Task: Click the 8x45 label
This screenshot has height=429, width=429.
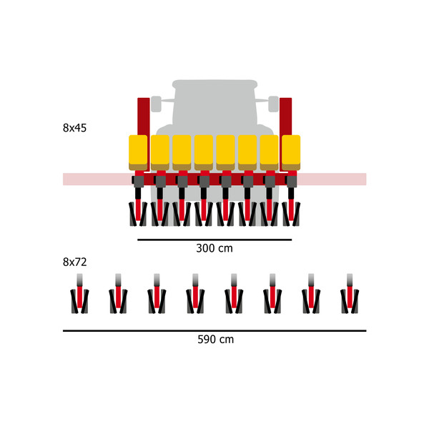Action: [x=74, y=129]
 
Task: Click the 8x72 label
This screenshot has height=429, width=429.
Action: [x=74, y=262]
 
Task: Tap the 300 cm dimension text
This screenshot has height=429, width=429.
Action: [x=214, y=249]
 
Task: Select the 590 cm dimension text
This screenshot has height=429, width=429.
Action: [x=215, y=340]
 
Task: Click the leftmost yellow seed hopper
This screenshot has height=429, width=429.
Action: [x=138, y=152]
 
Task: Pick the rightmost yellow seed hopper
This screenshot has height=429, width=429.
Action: [x=291, y=152]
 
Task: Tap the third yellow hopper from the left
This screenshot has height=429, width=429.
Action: [x=182, y=152]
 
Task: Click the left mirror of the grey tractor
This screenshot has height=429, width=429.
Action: [x=156, y=104]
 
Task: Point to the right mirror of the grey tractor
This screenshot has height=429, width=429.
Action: [x=273, y=104]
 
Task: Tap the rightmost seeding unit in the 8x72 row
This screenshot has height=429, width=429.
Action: [x=350, y=297]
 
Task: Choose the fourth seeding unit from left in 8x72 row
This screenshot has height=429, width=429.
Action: [x=195, y=297]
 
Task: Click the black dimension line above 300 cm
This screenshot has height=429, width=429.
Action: [x=214, y=240]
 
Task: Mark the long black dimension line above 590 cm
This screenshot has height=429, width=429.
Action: [x=214, y=331]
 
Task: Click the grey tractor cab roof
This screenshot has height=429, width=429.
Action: [x=214, y=86]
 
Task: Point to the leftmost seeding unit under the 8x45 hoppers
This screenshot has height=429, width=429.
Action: [x=138, y=207]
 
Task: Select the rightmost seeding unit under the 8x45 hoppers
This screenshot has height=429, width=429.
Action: [x=291, y=207]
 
